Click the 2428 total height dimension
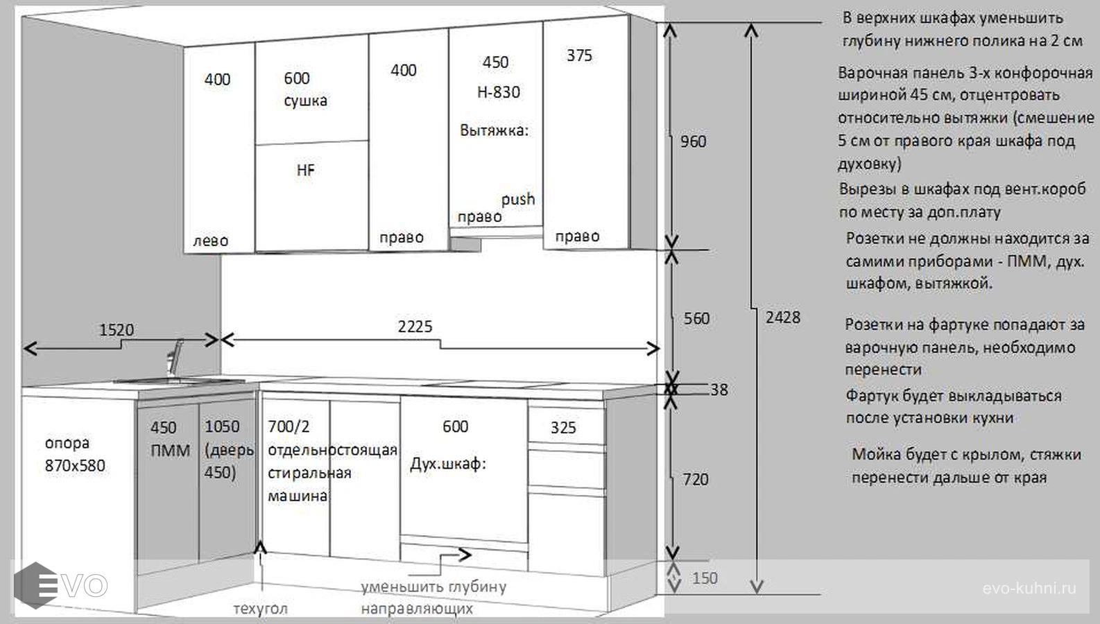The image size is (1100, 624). pos(783,318)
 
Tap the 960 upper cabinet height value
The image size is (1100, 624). pos(693,141)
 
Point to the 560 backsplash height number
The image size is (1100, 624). pos(696,319)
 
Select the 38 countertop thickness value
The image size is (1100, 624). pos(719,390)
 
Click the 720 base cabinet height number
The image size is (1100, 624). pos(696,479)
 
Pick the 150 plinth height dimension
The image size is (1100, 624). pos(705,578)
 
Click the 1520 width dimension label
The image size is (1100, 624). pos(117,329)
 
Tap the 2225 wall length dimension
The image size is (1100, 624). pos(415,327)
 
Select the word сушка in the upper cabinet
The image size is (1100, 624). pos(305,101)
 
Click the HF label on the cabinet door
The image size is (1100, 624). pos(305,171)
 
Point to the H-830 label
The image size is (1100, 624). pos(499,92)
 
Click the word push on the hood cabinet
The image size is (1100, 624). pos(518,199)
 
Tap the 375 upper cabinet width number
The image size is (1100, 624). pos(579,55)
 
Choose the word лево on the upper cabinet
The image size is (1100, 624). pos(211,241)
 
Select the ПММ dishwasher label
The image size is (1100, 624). pos(171,451)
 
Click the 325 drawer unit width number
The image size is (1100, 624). pos(562,428)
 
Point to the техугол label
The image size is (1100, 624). pos(260,609)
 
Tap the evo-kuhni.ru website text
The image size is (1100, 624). pos(1029,588)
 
